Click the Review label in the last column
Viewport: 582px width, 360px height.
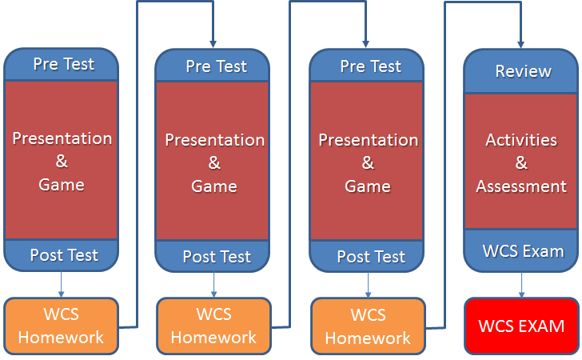(524, 71)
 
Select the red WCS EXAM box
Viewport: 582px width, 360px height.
(521, 326)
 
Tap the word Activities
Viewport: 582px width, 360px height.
(521, 140)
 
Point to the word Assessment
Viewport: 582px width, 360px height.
(521, 186)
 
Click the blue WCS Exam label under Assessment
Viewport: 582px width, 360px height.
(524, 251)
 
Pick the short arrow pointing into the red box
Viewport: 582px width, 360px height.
(521, 285)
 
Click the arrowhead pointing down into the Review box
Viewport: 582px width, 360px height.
(520, 45)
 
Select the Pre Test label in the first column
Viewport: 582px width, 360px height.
(64, 64)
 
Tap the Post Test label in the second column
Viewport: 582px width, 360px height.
(217, 257)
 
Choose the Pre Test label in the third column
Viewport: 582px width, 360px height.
(371, 66)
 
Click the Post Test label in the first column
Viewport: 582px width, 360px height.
(64, 255)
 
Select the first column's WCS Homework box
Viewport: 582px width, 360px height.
(62, 326)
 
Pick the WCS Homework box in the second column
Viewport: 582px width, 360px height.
(213, 326)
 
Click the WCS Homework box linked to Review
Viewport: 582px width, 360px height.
(369, 326)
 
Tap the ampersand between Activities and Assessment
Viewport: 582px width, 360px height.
(521, 162)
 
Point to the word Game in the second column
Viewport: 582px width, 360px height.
(214, 186)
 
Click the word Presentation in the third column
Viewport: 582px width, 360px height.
(369, 140)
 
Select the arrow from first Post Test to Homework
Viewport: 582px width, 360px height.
(62, 284)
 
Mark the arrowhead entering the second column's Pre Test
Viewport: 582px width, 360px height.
(213, 44)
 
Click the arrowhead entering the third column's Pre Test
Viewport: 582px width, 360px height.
(365, 44)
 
